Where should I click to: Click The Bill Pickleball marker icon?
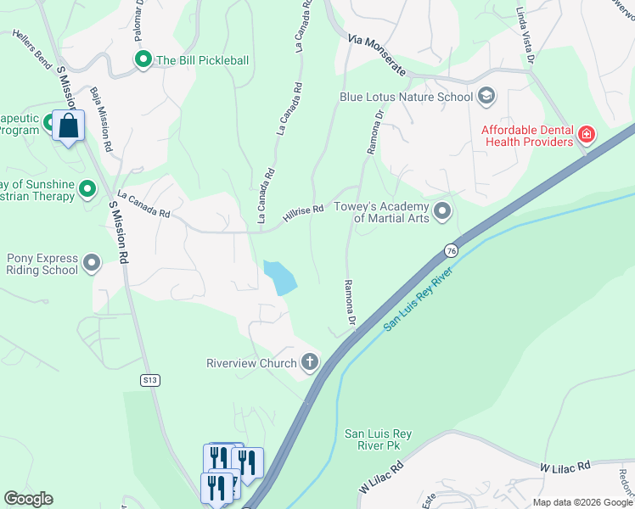click(x=143, y=59)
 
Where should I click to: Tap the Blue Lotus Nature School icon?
click(x=486, y=96)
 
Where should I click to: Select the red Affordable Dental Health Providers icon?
click(x=586, y=134)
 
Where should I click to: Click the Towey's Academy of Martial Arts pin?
click(x=441, y=210)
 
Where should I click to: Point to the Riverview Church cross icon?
click(x=310, y=363)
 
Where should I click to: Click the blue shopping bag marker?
click(x=67, y=126)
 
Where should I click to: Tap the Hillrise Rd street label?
click(x=304, y=213)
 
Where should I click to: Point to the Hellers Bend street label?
click(x=32, y=48)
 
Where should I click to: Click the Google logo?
click(x=28, y=499)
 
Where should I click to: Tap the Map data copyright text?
click(x=582, y=502)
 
